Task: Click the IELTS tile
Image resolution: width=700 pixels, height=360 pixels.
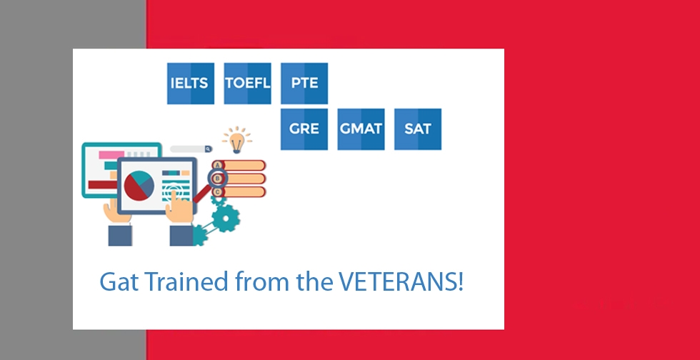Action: coord(191,84)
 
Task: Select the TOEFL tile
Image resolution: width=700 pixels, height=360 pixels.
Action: coord(247,84)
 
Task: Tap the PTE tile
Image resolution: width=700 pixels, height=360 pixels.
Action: coord(304,84)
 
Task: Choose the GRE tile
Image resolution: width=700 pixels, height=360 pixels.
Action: coord(304,129)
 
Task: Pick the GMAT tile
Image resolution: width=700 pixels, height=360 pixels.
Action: coord(361,129)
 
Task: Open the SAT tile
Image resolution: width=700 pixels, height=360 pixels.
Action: coord(418,129)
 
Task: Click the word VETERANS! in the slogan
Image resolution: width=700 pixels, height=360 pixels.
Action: coord(401,281)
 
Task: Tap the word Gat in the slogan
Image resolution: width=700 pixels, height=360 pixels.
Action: coord(119,281)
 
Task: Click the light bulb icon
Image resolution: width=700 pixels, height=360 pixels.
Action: coord(236,140)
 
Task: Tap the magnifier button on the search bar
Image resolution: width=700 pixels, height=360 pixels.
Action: coord(208,149)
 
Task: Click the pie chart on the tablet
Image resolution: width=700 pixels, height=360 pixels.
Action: coord(139,186)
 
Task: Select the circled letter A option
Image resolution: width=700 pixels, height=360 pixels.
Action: coord(218,166)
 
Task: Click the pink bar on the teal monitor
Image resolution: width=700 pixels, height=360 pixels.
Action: coord(111,155)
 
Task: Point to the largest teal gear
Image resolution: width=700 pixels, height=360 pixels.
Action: coord(226,219)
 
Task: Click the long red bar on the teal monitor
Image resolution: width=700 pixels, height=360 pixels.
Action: coord(103,184)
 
